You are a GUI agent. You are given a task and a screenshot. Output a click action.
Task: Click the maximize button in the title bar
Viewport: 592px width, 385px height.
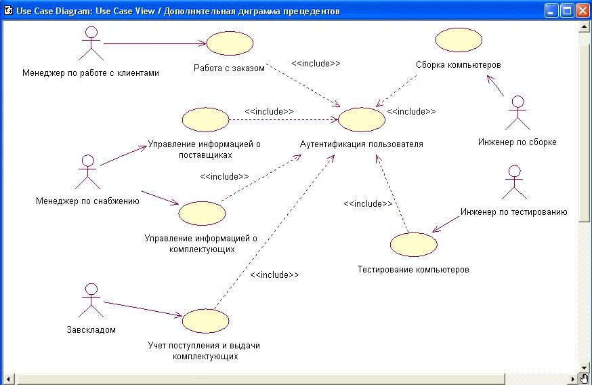pos(567,10)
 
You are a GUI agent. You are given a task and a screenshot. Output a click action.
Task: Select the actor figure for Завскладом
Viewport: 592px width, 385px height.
pos(90,300)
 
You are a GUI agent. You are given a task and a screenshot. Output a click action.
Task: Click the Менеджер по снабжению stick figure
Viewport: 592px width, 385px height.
pos(87,171)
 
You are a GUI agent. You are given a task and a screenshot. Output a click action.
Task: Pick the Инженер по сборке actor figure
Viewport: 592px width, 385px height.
pos(517,113)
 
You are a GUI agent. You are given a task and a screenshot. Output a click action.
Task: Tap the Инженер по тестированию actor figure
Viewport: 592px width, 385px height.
pos(514,181)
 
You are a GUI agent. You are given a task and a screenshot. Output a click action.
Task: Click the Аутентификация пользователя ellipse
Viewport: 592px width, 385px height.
pos(361,119)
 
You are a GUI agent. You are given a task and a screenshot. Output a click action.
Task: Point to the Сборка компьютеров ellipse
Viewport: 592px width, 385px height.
pos(459,40)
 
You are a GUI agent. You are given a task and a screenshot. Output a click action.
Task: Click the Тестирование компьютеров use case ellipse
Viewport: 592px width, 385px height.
pos(414,244)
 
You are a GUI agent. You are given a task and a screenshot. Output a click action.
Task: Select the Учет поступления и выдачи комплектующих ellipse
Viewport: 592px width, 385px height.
pos(205,321)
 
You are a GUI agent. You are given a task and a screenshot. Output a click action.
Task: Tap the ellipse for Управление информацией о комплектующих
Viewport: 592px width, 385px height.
pos(202,213)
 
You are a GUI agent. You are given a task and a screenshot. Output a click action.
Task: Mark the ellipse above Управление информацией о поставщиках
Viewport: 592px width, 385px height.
pos(205,120)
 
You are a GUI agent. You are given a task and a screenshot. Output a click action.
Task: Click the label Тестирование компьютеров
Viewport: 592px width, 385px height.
pos(413,270)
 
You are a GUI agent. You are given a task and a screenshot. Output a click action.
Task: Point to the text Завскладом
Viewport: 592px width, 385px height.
pos(91,330)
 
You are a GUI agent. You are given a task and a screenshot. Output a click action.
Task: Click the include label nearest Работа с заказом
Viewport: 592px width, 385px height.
pos(316,63)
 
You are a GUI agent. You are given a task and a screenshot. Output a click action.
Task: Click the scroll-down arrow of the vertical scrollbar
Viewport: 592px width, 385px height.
pos(585,367)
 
